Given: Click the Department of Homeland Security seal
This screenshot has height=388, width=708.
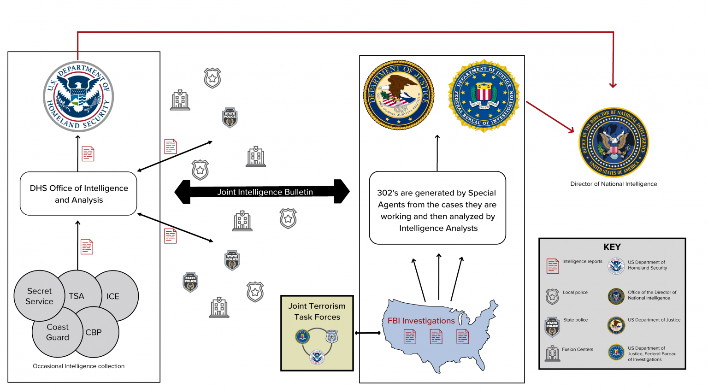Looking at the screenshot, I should point(78,97).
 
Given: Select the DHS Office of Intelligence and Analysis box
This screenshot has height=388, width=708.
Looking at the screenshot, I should point(78,194).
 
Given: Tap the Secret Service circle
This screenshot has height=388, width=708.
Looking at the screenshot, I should point(39,296).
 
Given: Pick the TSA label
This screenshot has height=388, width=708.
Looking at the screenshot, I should point(77,296).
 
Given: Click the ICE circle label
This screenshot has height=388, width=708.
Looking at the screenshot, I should point(113,296).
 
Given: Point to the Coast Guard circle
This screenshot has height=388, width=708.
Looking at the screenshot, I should point(58,332).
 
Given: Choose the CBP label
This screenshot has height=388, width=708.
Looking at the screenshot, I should point(94,332).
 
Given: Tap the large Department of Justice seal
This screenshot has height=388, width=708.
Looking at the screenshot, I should point(399,95).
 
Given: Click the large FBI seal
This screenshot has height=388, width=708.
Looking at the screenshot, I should point(484,96).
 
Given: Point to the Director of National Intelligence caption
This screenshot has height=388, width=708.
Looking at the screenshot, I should point(614,184).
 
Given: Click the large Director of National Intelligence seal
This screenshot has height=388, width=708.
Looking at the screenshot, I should point(614,142).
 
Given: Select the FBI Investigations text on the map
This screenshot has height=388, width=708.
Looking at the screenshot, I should point(421,321).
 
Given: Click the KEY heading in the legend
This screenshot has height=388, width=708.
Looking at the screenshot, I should point(612,247).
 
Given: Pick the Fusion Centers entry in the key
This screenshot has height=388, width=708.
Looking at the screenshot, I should point(578,349).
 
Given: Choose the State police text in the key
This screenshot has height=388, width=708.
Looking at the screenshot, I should point(575,320).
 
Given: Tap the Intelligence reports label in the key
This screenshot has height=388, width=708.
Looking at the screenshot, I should point(582,261).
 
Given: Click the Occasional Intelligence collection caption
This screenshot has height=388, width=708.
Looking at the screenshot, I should point(78,366).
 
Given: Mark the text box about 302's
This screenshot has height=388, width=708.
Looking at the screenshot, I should point(437,208).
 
